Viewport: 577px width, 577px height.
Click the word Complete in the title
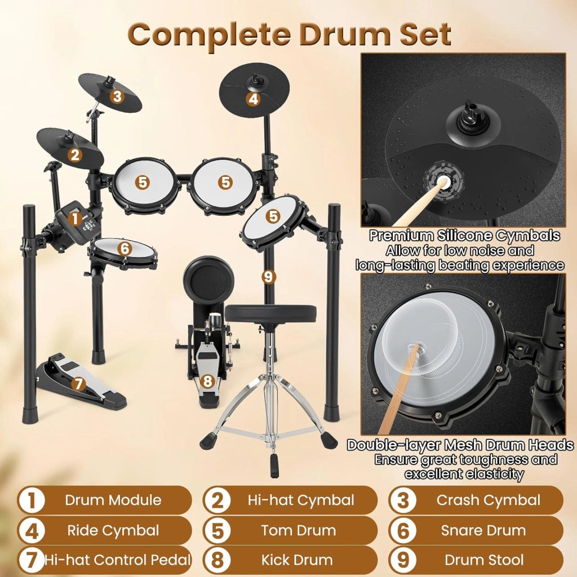(x=209, y=35)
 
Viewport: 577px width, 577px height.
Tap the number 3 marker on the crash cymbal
(x=117, y=96)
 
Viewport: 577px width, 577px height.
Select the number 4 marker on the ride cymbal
(x=253, y=99)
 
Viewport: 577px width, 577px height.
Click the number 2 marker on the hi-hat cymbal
(x=75, y=154)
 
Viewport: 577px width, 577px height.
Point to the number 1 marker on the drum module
(x=75, y=218)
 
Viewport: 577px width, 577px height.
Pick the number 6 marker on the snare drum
(x=125, y=248)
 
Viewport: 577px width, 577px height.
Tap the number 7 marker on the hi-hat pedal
(x=78, y=384)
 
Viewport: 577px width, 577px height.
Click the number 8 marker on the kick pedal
(x=207, y=381)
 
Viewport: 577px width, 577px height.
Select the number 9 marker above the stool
(x=268, y=276)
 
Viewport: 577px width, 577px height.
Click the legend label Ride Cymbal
(x=113, y=530)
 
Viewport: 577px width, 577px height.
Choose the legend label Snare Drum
(x=483, y=530)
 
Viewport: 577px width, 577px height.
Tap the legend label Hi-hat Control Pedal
(x=118, y=560)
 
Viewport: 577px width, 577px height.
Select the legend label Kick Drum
(x=297, y=560)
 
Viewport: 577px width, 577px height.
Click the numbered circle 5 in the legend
(x=218, y=531)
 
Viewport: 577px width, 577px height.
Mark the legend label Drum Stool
(x=484, y=560)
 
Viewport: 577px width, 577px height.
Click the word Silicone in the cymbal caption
(x=464, y=236)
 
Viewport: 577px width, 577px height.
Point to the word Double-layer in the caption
(x=393, y=445)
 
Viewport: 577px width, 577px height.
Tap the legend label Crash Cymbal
(x=489, y=500)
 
